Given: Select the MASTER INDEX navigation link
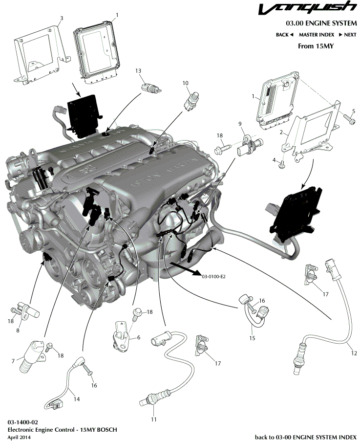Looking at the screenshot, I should point(316,35).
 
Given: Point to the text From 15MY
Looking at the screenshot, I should point(316,46).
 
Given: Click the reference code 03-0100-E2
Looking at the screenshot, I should point(212,276).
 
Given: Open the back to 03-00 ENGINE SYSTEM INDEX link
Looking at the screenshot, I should point(306,436).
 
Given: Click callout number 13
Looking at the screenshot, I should point(138,71).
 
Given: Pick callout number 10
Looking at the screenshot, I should point(186,83).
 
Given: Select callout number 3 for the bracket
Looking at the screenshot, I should point(61,18).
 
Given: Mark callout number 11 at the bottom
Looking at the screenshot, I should point(154,419).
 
